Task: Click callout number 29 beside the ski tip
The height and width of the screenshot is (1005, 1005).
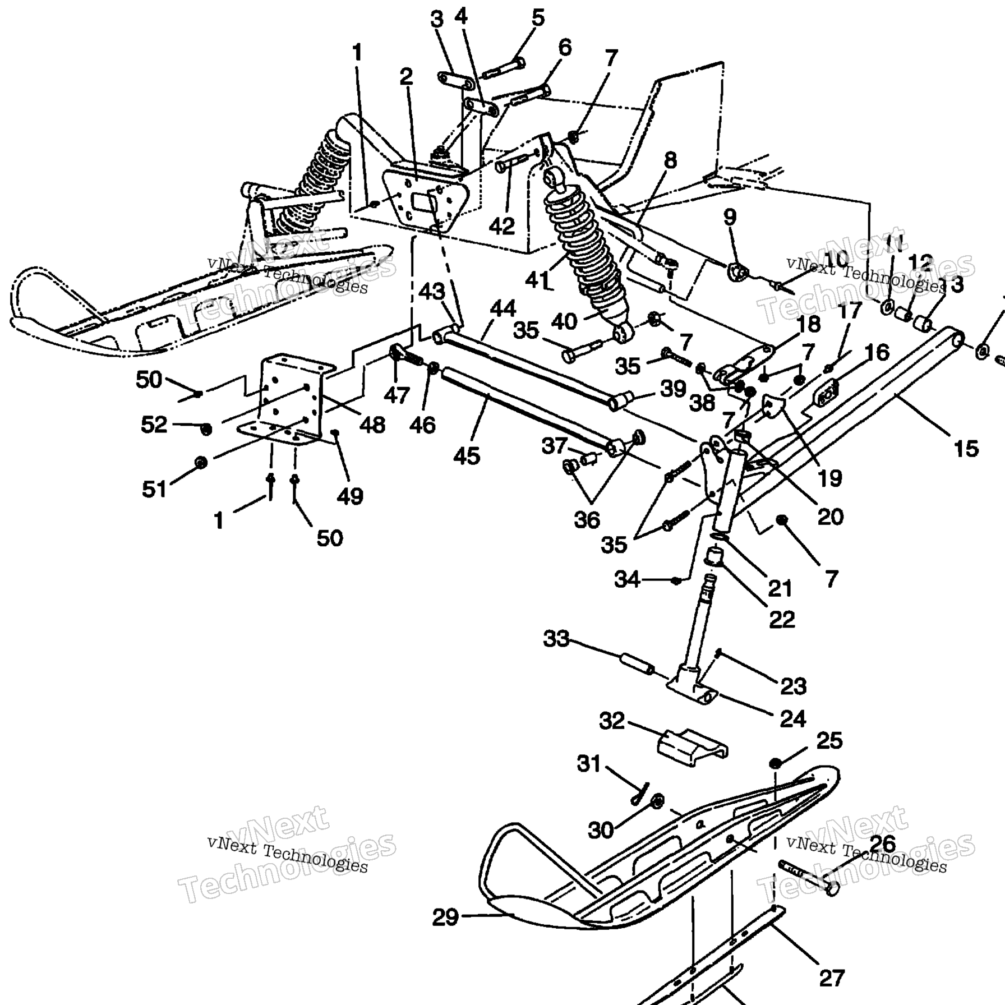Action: click(x=445, y=918)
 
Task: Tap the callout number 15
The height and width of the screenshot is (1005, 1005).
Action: click(x=966, y=449)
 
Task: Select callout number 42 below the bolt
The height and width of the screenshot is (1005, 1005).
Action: click(x=501, y=226)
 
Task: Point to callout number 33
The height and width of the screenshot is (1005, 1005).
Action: click(x=556, y=639)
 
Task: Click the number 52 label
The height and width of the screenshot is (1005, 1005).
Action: click(x=154, y=425)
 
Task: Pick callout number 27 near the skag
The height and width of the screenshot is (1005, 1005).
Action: click(x=831, y=978)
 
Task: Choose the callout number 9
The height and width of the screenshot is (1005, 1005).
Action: click(x=729, y=218)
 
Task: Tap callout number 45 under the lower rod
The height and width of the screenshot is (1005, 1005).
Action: click(x=467, y=456)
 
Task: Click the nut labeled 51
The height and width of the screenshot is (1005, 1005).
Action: click(x=200, y=463)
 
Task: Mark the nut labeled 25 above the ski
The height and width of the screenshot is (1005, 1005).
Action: click(x=776, y=763)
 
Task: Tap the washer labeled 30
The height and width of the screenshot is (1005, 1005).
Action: click(x=657, y=801)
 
